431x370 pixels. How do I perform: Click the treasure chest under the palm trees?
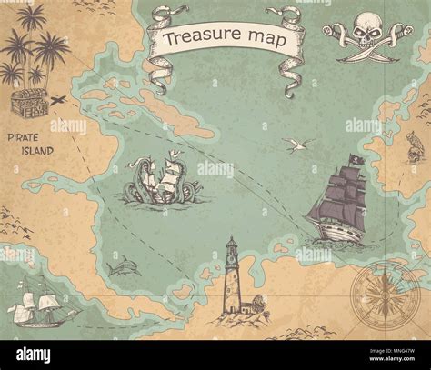click(x=27, y=103)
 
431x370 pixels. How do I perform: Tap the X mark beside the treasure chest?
click(x=58, y=100)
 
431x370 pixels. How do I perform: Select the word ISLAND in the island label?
click(x=37, y=150)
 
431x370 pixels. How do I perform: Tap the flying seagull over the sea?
click(x=296, y=145)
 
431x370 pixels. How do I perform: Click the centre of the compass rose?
click(x=385, y=297)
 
